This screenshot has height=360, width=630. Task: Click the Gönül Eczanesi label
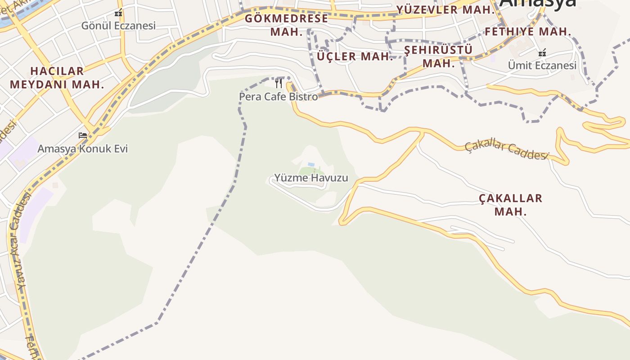click(118, 26)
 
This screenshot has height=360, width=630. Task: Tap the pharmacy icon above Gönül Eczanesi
click(118, 13)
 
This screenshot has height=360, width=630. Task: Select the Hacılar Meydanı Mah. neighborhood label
click(57, 77)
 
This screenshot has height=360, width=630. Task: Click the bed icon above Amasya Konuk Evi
click(82, 135)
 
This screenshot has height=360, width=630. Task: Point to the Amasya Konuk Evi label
click(82, 148)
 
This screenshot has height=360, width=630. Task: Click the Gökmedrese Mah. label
click(286, 25)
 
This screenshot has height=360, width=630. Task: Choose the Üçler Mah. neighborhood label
click(355, 57)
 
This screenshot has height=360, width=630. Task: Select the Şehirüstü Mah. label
click(438, 56)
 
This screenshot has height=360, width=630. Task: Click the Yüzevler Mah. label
click(445, 10)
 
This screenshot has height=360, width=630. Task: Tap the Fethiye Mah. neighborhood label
click(528, 32)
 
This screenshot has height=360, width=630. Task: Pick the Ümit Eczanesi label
click(542, 66)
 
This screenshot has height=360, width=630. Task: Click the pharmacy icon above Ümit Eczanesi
click(542, 53)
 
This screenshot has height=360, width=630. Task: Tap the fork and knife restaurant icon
click(279, 83)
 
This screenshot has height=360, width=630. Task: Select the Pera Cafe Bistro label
click(278, 96)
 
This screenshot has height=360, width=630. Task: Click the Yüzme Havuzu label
click(311, 178)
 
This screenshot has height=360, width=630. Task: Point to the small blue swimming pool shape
click(311, 165)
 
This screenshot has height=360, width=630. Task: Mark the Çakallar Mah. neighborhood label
click(510, 205)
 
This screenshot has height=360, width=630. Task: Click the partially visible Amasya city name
click(538, 4)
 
